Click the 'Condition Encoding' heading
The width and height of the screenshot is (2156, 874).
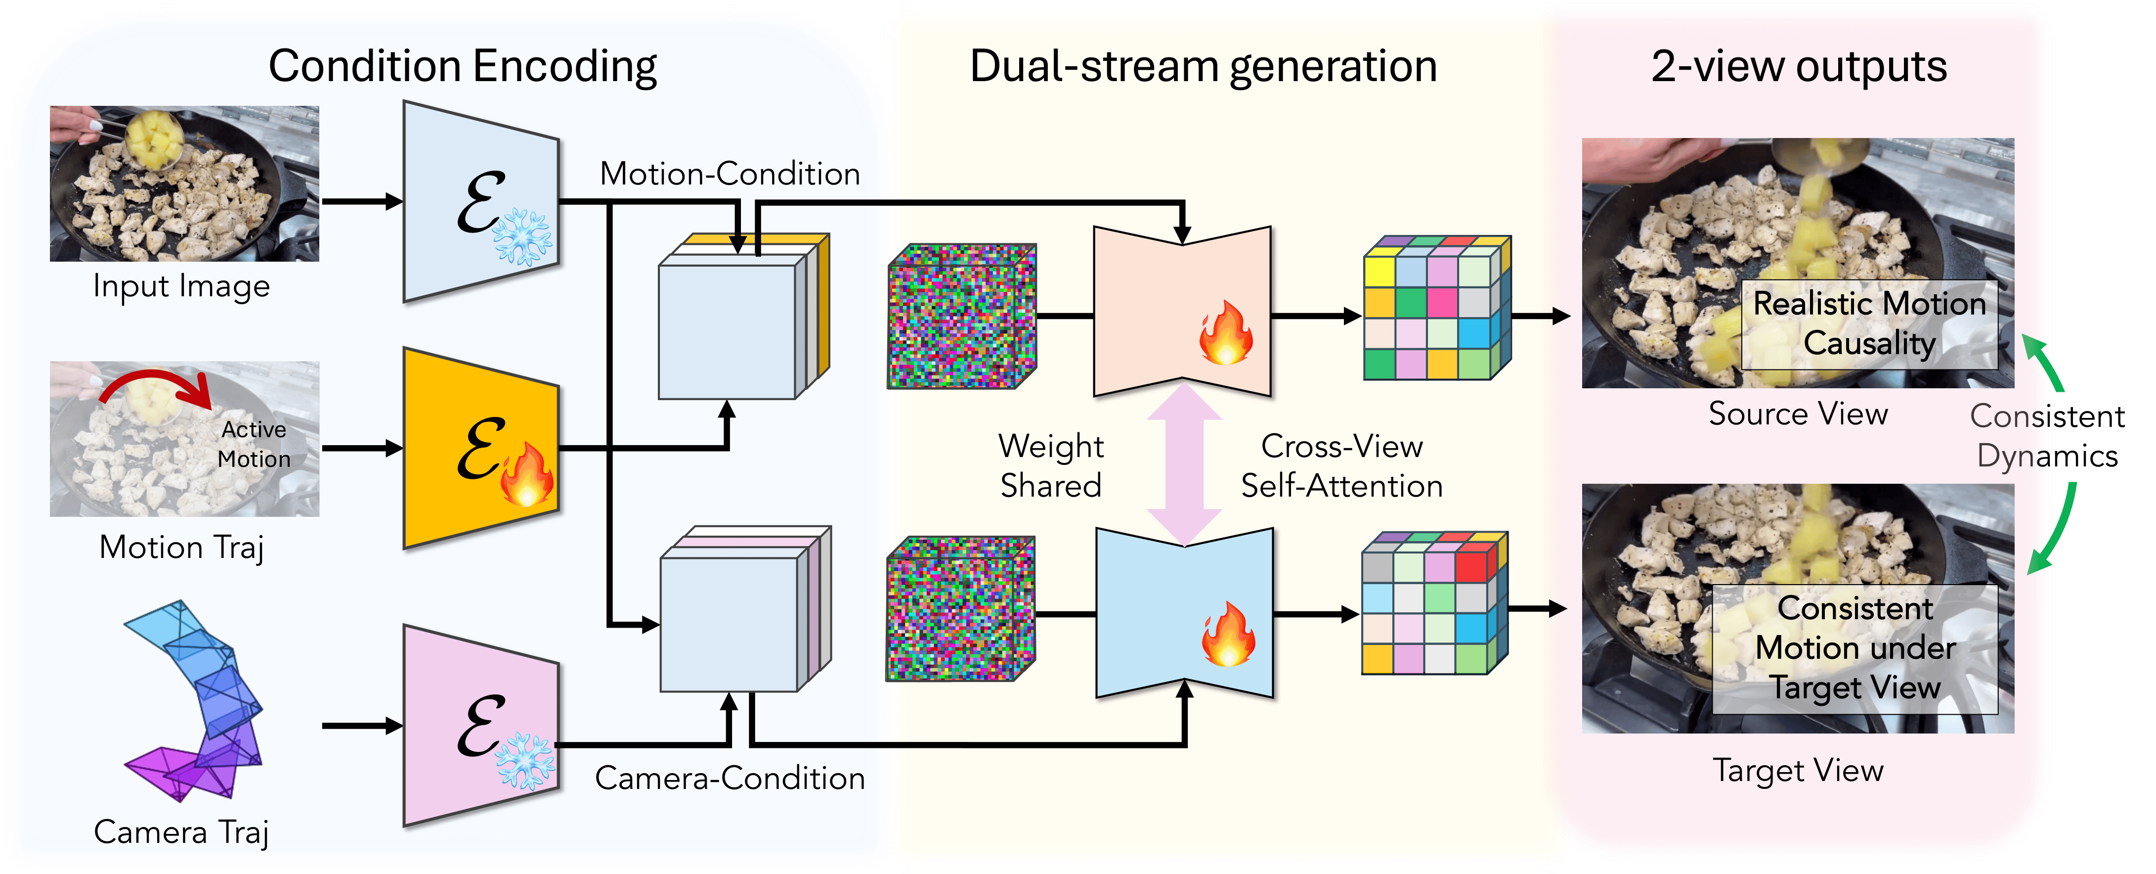[x=462, y=66]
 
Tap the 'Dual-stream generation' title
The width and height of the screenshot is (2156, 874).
[x=1203, y=66]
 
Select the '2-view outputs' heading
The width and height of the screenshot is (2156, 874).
[x=1799, y=66]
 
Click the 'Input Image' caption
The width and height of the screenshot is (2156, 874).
[x=181, y=286]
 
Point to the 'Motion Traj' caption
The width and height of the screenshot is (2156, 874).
[x=181, y=548]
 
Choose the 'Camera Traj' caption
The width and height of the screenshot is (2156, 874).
[x=181, y=832]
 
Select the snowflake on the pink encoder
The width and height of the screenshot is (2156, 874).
[x=525, y=760]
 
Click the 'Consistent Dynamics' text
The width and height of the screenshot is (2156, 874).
[x=2047, y=436]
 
